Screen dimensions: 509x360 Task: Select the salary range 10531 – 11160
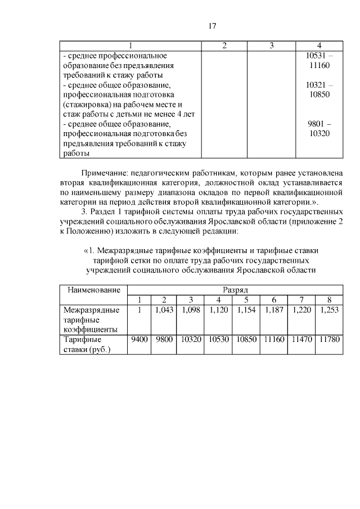319,61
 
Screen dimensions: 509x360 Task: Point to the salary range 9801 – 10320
319,128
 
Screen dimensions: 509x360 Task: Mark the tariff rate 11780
329,340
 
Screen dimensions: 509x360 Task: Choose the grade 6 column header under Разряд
274,299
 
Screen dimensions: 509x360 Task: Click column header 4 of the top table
319,46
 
